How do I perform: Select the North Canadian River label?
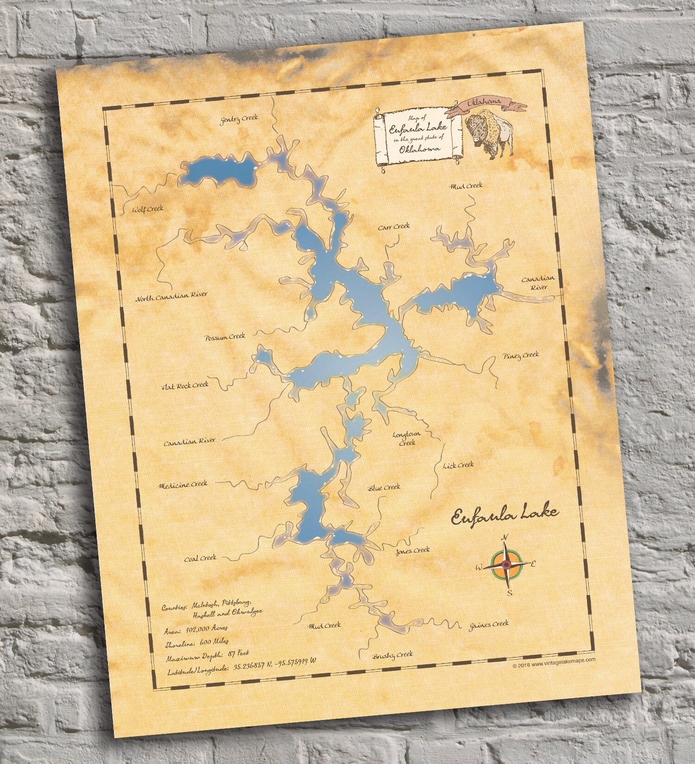point(171,296)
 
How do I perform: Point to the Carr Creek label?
point(394,227)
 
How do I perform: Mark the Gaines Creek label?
point(488,624)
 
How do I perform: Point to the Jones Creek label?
point(412,551)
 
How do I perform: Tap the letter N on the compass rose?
point(505,537)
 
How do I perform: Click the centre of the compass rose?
point(506,564)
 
